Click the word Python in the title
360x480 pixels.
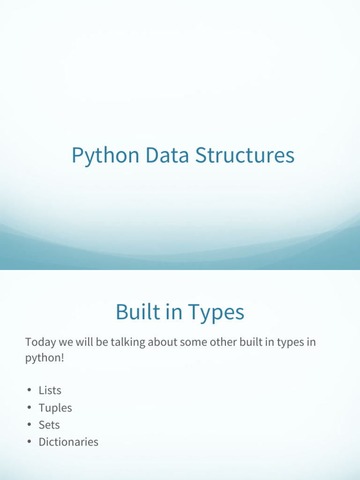(x=105, y=156)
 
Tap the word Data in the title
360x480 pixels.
(x=167, y=155)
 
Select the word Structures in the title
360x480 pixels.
(x=245, y=155)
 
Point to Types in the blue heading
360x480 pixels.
(x=216, y=313)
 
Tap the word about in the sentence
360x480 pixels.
(x=162, y=342)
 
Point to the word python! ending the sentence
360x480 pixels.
(x=45, y=358)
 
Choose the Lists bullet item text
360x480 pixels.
(x=50, y=390)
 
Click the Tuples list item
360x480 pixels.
(x=55, y=408)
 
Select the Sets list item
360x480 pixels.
(x=49, y=425)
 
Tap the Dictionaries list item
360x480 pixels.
(x=68, y=442)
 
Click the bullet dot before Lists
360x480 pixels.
(x=30, y=390)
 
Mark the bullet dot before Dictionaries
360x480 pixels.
(x=30, y=442)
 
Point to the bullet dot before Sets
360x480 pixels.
(x=30, y=424)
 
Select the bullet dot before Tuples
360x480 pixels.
(x=30, y=407)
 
